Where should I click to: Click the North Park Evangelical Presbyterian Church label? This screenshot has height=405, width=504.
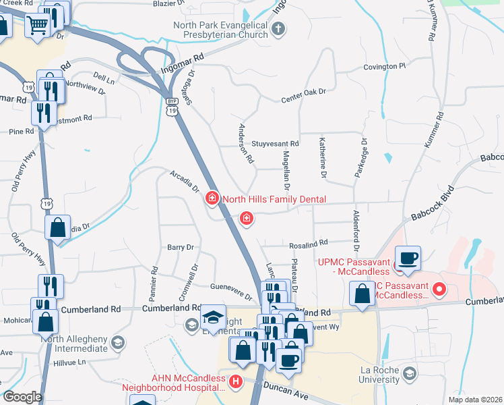point(220,30)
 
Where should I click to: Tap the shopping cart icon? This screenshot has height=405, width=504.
point(38,26)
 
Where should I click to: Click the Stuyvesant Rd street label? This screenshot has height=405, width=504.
point(275,144)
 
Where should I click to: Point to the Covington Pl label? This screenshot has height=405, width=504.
point(385,67)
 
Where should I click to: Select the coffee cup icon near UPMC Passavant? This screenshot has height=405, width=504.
point(408,258)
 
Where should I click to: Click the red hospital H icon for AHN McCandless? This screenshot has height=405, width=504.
point(236,381)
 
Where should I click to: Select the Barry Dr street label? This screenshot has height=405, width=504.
point(180,248)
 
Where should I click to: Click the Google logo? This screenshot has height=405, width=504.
point(22,397)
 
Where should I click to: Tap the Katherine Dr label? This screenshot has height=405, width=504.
point(323,157)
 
